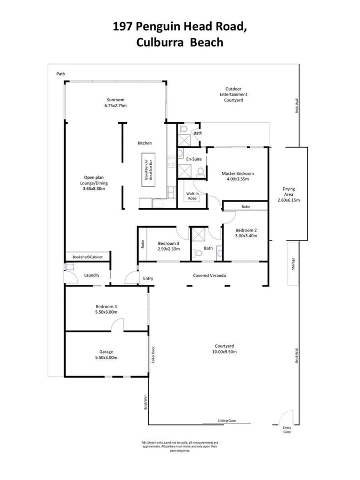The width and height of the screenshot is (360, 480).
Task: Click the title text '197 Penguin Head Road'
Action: click(180, 26)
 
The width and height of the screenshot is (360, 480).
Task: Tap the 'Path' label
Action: click(61, 74)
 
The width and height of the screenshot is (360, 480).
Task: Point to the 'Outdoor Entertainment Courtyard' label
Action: click(234, 94)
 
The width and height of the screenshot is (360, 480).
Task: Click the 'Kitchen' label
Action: click(145, 143)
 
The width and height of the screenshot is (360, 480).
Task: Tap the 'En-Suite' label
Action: click(193, 159)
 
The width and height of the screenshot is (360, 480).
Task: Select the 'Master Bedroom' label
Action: click(237, 173)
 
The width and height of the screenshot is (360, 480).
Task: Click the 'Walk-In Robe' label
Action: click(193, 196)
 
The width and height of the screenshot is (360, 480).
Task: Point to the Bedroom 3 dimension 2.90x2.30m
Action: click(167, 249)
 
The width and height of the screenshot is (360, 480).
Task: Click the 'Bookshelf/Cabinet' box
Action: click(87, 257)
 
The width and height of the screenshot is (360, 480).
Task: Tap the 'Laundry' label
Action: click(92, 275)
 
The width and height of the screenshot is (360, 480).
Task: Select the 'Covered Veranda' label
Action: click(209, 276)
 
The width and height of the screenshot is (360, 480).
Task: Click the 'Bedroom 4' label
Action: click(106, 307)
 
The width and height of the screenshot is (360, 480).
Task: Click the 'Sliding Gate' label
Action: click(226, 421)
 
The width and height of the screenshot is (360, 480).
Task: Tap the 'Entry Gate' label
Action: click(287, 430)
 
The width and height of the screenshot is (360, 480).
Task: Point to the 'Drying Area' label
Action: click(289, 192)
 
